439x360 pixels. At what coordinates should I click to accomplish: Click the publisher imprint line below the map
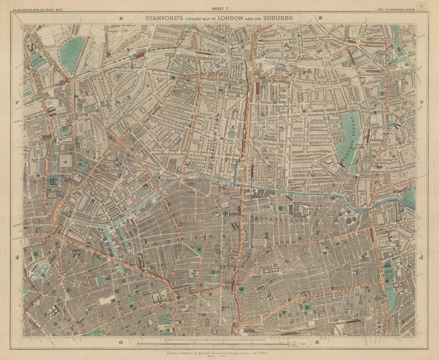tap(219, 349)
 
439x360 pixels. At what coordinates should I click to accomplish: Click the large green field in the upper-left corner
tap(72, 53)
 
